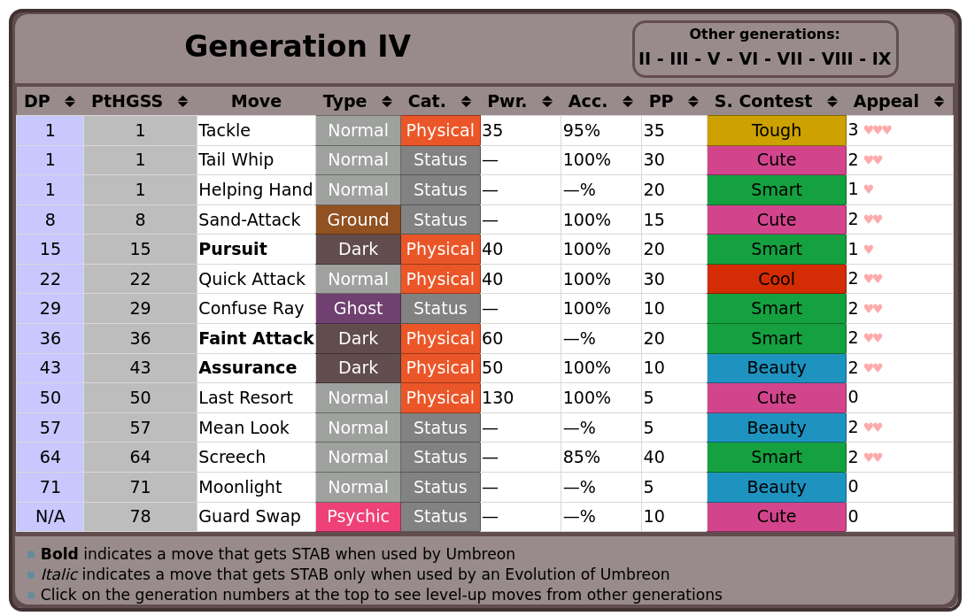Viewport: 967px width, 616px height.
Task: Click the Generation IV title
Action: click(297, 47)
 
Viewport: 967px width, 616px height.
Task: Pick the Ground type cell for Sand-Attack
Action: click(358, 219)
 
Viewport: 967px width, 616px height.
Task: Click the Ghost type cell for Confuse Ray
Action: click(358, 309)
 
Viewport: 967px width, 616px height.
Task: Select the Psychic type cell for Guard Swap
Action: click(358, 517)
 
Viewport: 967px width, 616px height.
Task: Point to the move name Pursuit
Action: click(233, 250)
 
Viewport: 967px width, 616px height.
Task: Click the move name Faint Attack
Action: click(256, 339)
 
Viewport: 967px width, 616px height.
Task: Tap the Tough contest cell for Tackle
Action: click(776, 131)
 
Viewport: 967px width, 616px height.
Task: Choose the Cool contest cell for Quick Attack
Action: click(776, 280)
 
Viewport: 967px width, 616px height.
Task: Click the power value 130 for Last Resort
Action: click(498, 398)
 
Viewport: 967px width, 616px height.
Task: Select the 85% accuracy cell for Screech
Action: click(582, 458)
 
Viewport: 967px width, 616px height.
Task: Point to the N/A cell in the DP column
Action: click(50, 517)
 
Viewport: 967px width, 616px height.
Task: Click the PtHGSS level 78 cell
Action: click(140, 517)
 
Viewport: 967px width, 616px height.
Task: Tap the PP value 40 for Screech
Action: click(654, 458)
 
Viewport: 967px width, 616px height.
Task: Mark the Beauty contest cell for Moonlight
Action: click(776, 488)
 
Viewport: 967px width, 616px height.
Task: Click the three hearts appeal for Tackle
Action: click(878, 131)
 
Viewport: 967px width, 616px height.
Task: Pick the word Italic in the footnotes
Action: click(59, 575)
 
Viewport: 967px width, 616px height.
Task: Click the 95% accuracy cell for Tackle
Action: click(582, 131)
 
